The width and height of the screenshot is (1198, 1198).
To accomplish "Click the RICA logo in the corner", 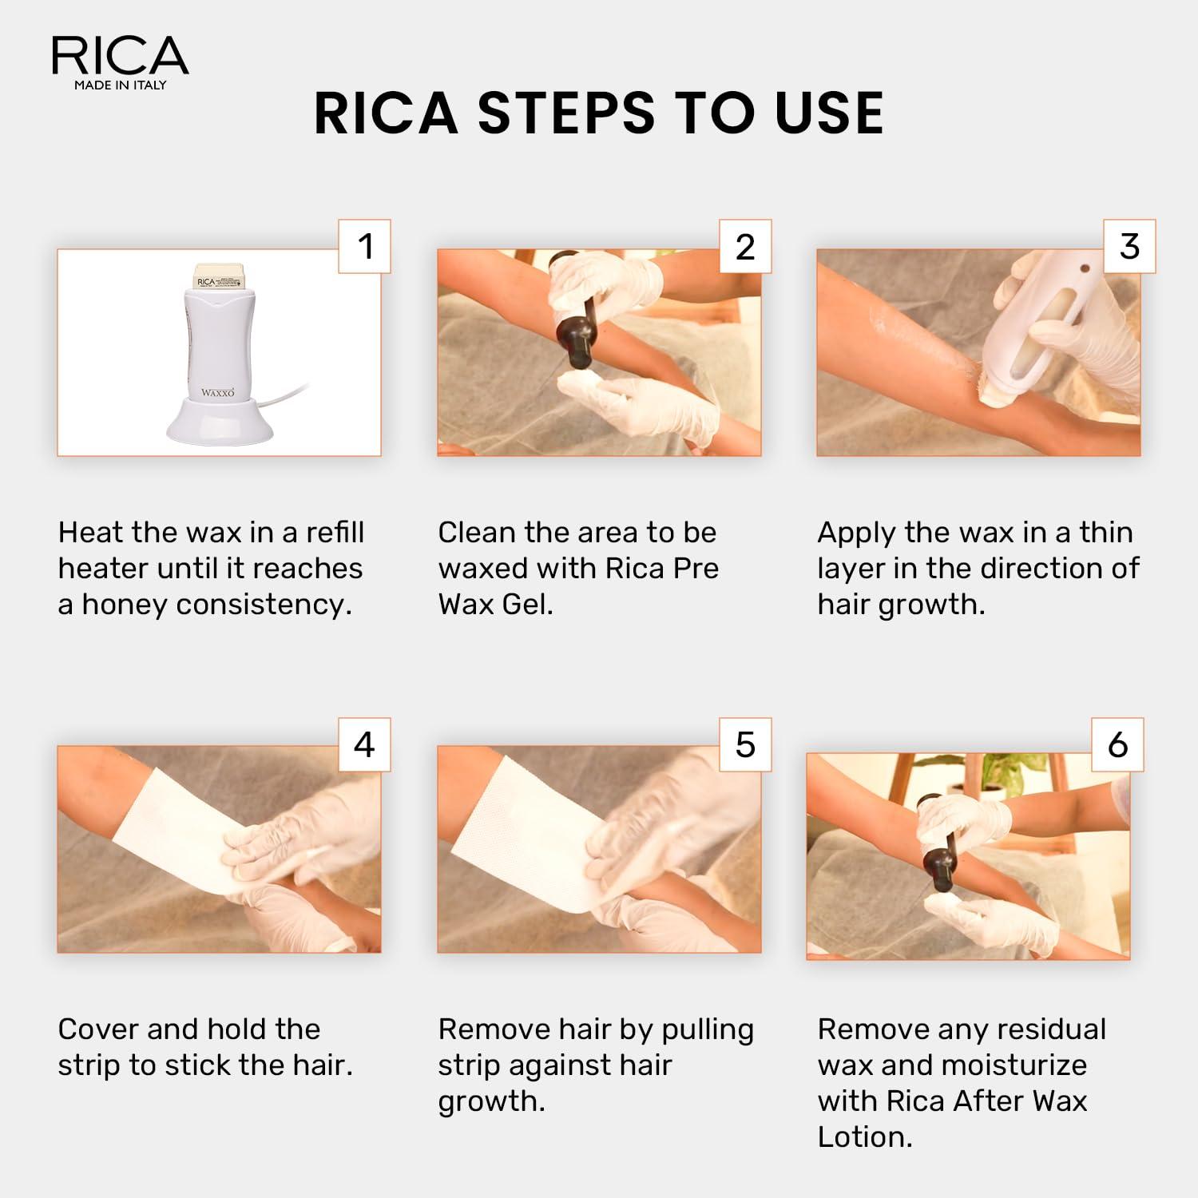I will (120, 56).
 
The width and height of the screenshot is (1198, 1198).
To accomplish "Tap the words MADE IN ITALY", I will (120, 85).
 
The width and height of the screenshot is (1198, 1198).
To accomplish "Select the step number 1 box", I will (364, 246).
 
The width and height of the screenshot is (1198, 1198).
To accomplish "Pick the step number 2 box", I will (745, 246).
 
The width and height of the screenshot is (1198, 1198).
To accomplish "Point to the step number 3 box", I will (1129, 246).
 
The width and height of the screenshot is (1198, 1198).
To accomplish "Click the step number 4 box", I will (364, 744).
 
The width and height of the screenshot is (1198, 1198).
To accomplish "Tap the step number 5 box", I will (745, 744).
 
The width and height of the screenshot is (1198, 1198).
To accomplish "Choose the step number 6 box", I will (1117, 744).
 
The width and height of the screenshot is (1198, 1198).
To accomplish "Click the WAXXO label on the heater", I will (217, 392).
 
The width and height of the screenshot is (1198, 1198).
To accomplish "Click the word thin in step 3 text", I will (1105, 532).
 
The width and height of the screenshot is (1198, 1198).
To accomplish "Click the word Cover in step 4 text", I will (97, 1029).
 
